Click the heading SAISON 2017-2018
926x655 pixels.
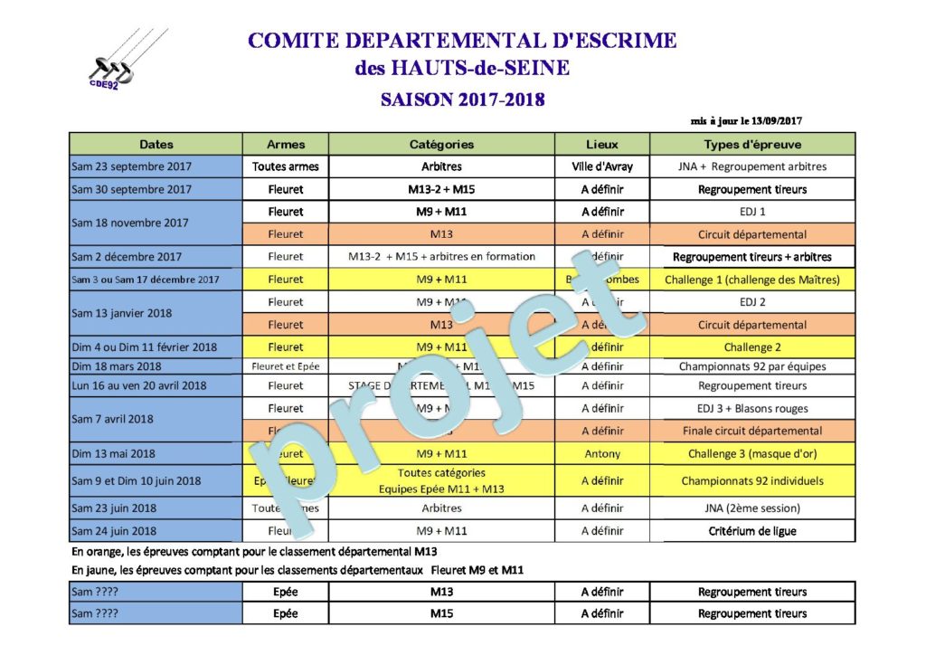[462, 99]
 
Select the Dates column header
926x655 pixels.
[156, 144]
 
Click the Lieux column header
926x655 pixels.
[602, 144]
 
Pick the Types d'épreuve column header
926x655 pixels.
[752, 144]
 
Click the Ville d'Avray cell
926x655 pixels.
[602, 166]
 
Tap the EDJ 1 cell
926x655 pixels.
[752, 212]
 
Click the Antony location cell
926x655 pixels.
[602, 453]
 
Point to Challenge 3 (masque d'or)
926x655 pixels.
[752, 453]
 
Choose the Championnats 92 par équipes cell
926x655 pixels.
[752, 366]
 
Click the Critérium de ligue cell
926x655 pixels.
[752, 531]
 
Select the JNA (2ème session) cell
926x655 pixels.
[752, 508]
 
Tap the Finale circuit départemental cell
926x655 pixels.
[752, 431]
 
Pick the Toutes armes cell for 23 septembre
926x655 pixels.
[286, 166]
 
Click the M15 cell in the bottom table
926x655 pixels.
[441, 613]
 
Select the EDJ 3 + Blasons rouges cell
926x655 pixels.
[752, 408]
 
